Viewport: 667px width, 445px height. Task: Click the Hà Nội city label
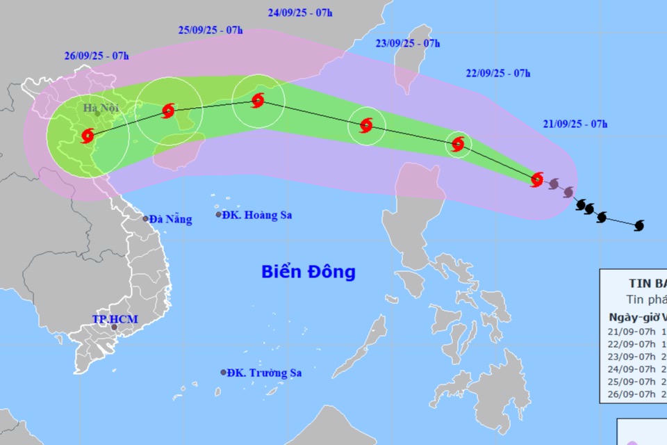[x=101, y=108]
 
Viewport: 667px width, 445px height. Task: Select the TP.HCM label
[x=115, y=319]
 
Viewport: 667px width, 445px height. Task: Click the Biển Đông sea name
[x=308, y=271]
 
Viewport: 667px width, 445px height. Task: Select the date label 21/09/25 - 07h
[x=575, y=124]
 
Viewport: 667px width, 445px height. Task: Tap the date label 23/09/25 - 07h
[x=408, y=43]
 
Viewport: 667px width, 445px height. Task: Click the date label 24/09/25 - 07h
[x=300, y=13]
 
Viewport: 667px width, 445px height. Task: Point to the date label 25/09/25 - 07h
[x=211, y=30]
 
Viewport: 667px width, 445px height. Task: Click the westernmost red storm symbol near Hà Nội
[x=88, y=136]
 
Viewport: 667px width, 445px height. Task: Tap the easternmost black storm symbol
[x=640, y=225]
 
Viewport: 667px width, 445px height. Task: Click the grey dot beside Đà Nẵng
[x=146, y=219]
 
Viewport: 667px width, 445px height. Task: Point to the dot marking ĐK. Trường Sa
[x=224, y=373]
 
